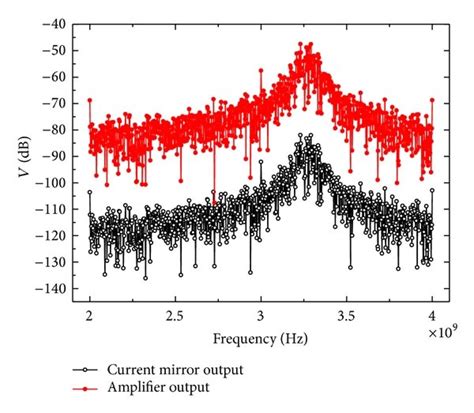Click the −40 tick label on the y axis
(x=59, y=22)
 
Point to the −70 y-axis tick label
(x=59, y=103)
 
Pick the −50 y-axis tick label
(x=59, y=49)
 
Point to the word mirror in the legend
(x=187, y=371)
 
